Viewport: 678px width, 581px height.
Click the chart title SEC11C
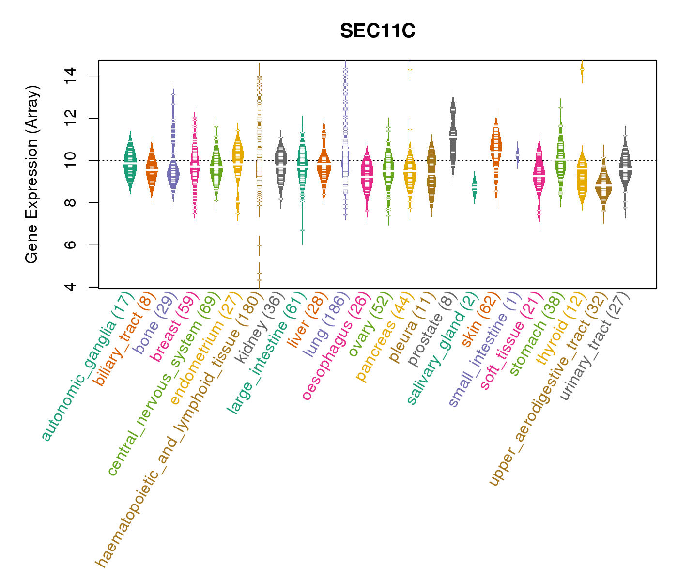pos(377,31)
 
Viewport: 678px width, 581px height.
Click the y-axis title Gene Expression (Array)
pos(32,174)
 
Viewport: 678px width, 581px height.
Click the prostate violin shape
pos(453,136)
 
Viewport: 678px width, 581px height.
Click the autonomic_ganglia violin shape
pos(130,162)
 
